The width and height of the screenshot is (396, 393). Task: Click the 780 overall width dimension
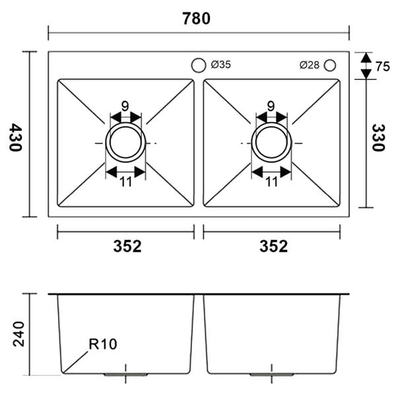196,18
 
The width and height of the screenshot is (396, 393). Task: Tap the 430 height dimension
15,137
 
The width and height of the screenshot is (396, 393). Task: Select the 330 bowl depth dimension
378,137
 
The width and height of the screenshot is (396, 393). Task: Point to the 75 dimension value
383,67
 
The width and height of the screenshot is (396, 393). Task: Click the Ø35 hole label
221,65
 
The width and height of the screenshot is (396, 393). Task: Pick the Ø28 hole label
310,65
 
